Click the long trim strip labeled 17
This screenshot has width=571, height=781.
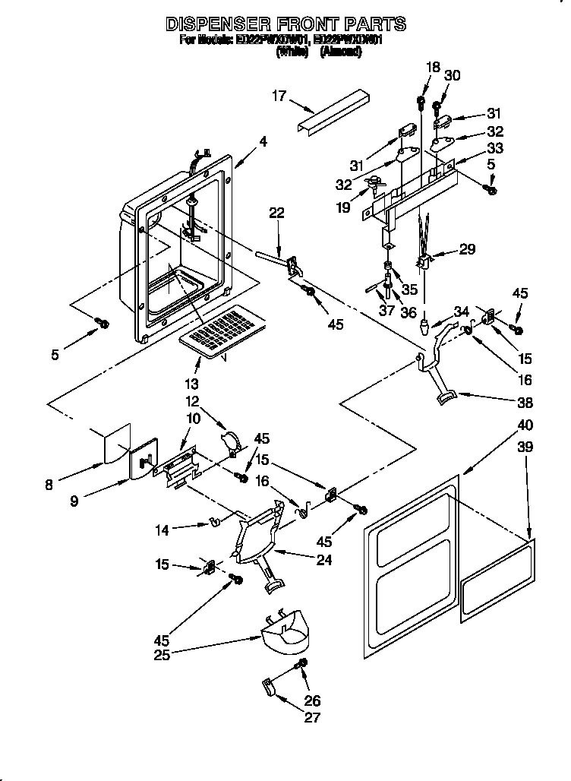click(333, 111)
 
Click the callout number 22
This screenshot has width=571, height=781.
click(276, 213)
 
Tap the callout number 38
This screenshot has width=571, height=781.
click(524, 403)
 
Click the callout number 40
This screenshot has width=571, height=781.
click(525, 425)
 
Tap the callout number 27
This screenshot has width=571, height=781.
click(312, 717)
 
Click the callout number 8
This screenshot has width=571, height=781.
click(49, 485)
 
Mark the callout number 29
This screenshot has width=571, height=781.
click(468, 249)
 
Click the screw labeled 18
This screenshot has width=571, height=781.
click(421, 101)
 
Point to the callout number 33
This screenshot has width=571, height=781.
click(495, 148)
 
